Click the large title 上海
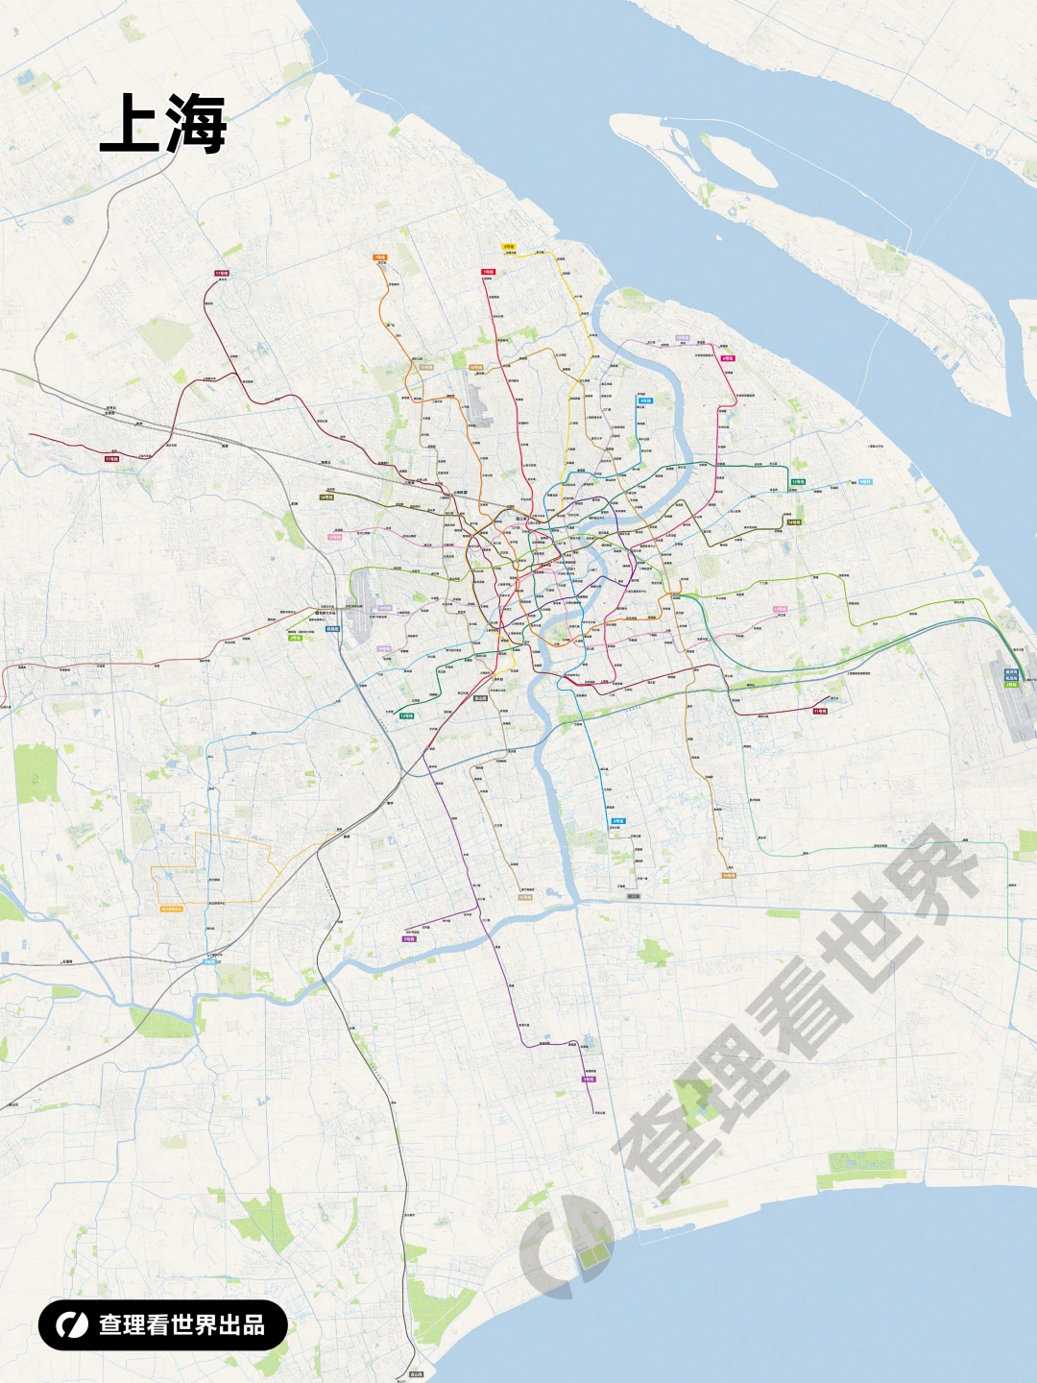[163, 124]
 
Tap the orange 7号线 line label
[379, 257]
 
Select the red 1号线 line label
[488, 272]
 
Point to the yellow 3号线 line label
[509, 247]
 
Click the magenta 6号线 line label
[727, 358]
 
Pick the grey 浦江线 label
[634, 896]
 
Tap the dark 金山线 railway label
[416, 1374]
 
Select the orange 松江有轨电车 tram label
[171, 908]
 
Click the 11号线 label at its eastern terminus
[819, 712]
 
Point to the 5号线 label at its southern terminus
[589, 1080]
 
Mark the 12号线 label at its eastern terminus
[798, 482]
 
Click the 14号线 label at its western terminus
[326, 497]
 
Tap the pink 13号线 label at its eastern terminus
[780, 609]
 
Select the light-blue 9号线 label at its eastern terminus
[865, 482]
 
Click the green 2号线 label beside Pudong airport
[1011, 685]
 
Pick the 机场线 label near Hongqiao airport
[332, 629]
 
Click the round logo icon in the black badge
[71, 1325]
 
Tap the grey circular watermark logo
[567, 1246]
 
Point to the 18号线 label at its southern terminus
[728, 875]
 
